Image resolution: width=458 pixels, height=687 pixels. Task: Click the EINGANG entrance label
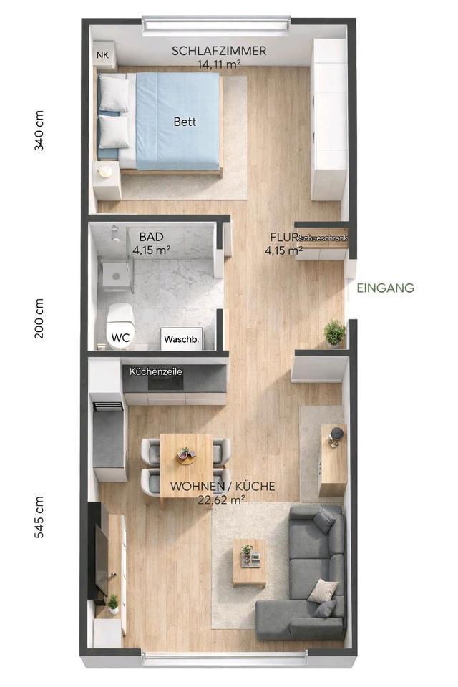(x=385, y=288)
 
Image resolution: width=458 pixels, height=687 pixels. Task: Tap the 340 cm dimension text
(x=39, y=130)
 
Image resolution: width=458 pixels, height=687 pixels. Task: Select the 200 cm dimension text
(x=39, y=318)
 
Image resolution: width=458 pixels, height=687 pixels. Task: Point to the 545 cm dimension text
(x=39, y=517)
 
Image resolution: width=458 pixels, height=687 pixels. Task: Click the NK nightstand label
(x=102, y=55)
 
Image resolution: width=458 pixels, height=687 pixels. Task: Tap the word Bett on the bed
(x=185, y=122)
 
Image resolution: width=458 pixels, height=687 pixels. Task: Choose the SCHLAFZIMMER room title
(x=219, y=51)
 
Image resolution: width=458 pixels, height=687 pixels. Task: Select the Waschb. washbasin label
(x=182, y=339)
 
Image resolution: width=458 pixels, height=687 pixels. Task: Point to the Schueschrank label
(x=323, y=238)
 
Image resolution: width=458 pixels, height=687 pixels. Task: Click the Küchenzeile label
(x=155, y=371)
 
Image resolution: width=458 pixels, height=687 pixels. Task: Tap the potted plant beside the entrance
(x=335, y=333)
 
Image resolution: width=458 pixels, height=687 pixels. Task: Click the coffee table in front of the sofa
(x=249, y=562)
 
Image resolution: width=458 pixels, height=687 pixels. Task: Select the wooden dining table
(x=186, y=465)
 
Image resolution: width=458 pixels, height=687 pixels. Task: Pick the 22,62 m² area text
(x=221, y=500)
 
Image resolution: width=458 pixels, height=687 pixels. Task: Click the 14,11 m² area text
(x=219, y=64)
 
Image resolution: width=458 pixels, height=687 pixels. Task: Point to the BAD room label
(x=151, y=237)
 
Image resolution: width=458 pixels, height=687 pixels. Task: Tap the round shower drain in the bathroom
(x=116, y=276)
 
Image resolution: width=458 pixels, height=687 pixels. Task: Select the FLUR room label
(x=284, y=238)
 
